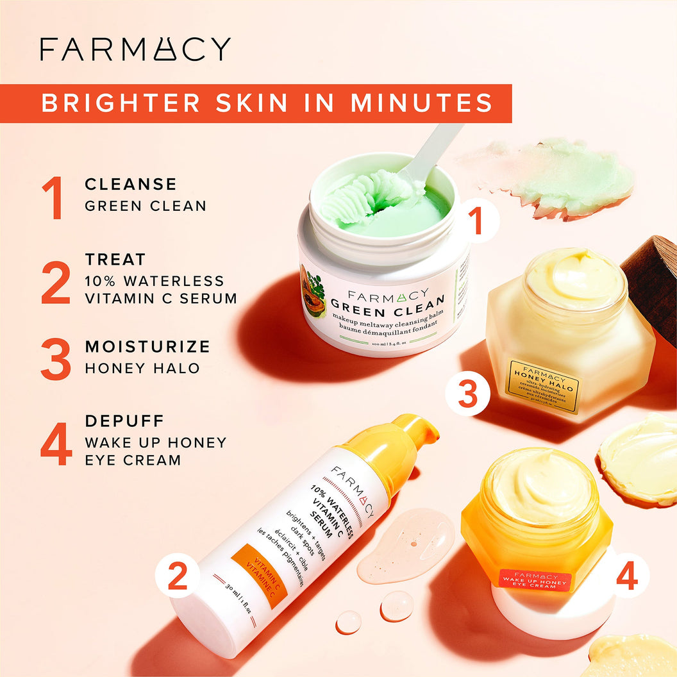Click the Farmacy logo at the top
pos(135,49)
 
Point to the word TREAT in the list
pos(115,260)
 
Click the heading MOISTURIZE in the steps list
pos(147,347)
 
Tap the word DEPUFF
pos(124,421)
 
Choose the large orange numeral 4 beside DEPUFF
pos(56,442)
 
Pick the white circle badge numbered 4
pos(626,576)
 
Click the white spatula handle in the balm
pos(436,147)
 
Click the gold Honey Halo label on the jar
pos(544,386)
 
